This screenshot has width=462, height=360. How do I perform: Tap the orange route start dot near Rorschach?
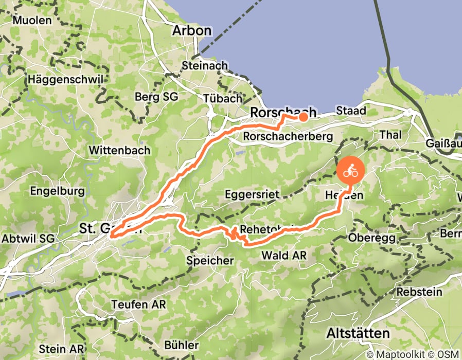pyautogui.click(x=303, y=117)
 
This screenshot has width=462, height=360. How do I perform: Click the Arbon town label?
pyautogui.click(x=191, y=30)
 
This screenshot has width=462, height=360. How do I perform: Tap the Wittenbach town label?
pyautogui.click(x=119, y=150)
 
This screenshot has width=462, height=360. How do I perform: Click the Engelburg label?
pyautogui.click(x=57, y=191)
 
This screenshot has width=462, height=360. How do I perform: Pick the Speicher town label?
pyautogui.click(x=210, y=261)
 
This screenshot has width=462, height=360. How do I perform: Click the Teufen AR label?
pyautogui.click(x=138, y=304)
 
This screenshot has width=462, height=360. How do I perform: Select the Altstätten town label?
pyautogui.click(x=358, y=333)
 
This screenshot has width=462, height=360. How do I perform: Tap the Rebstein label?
pyautogui.click(x=419, y=292)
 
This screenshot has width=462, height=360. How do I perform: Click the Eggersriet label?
pyautogui.click(x=252, y=194)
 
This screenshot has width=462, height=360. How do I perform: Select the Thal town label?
pyautogui.click(x=390, y=134)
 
